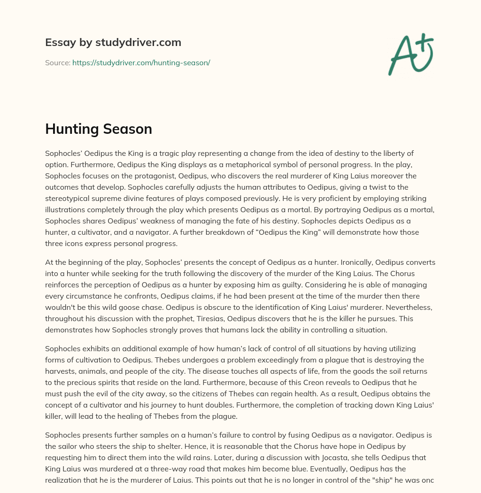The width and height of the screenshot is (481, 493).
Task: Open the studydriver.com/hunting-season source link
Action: coord(141,62)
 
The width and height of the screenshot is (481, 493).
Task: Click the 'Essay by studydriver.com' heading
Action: coord(113,42)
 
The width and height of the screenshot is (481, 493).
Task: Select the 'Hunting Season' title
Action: coord(98,129)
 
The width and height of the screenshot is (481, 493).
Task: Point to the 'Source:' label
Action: coord(57,62)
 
